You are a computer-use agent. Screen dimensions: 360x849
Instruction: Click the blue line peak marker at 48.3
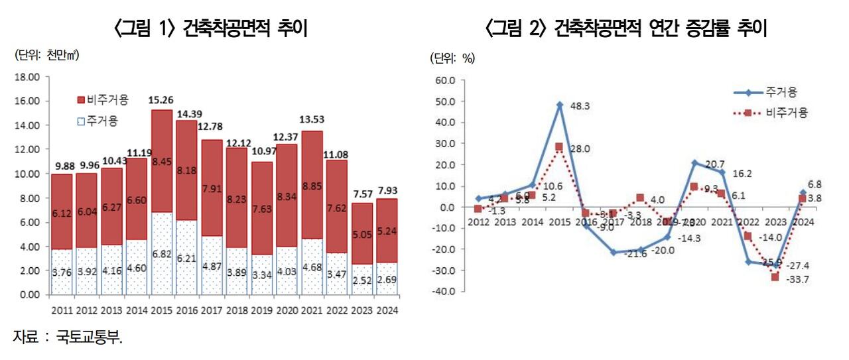(x=559, y=105)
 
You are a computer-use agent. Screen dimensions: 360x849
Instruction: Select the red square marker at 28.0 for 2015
(x=559, y=147)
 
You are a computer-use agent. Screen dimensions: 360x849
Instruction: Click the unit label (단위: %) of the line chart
(x=454, y=58)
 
